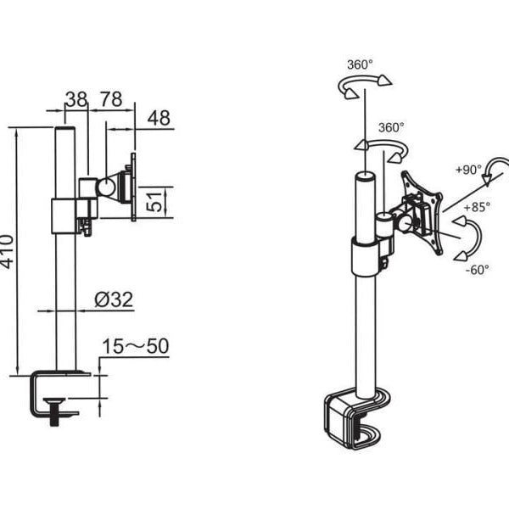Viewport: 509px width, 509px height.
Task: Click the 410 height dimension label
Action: pyautogui.click(x=7, y=252)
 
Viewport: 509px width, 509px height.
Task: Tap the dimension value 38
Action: pyautogui.click(x=76, y=99)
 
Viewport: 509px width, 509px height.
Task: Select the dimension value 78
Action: pyautogui.click(x=111, y=99)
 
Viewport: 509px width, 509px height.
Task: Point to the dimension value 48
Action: pyautogui.click(x=159, y=118)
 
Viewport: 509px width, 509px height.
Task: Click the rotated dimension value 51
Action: pyautogui.click(x=154, y=202)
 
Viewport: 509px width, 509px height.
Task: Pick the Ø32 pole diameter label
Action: pyautogui.click(x=114, y=299)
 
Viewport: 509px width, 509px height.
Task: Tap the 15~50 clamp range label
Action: pyautogui.click(x=136, y=346)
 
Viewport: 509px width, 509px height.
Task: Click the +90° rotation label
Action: pyautogui.click(x=469, y=170)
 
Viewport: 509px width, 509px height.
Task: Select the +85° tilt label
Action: pyautogui.click(x=477, y=207)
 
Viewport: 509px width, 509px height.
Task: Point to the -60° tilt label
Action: pyautogui.click(x=477, y=270)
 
